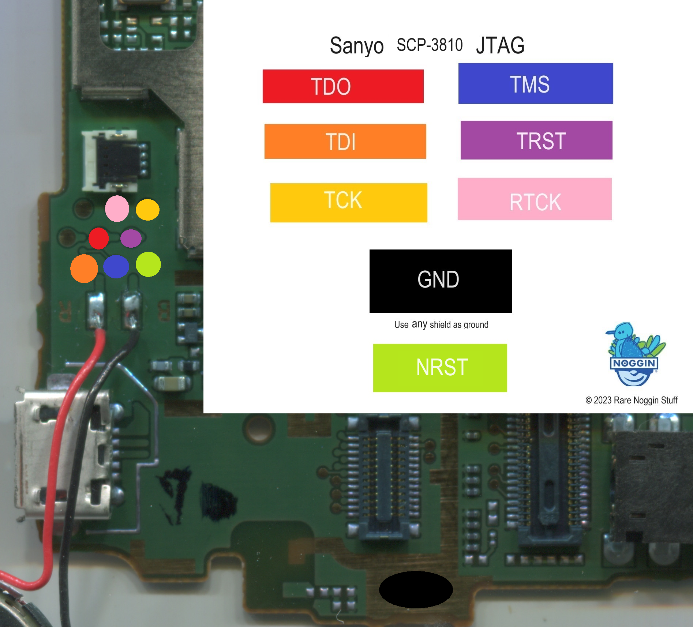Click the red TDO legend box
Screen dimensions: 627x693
click(x=343, y=86)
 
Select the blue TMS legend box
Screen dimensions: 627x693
click(x=535, y=83)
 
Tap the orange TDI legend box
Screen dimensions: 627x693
click(x=345, y=141)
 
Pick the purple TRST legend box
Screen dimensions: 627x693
click(x=536, y=140)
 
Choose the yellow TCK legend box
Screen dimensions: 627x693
click(x=348, y=202)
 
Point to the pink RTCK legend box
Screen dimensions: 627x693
click(x=534, y=199)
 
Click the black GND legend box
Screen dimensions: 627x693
click(x=440, y=281)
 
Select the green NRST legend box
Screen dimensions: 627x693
click(x=440, y=368)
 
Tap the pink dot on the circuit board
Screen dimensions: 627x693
click(x=117, y=209)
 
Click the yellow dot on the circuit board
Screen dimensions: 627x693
click(x=147, y=210)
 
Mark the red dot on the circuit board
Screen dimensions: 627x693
click(x=98, y=238)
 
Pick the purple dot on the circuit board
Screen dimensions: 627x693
click(x=131, y=239)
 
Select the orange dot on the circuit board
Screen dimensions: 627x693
click(x=84, y=269)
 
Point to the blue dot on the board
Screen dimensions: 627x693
click(x=116, y=266)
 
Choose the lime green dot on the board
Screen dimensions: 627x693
click(x=148, y=264)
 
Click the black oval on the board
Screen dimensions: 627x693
click(x=416, y=589)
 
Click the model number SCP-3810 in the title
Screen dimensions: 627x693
click(x=430, y=45)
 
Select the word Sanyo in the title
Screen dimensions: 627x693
click(x=356, y=46)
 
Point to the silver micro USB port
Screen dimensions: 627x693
click(x=62, y=454)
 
